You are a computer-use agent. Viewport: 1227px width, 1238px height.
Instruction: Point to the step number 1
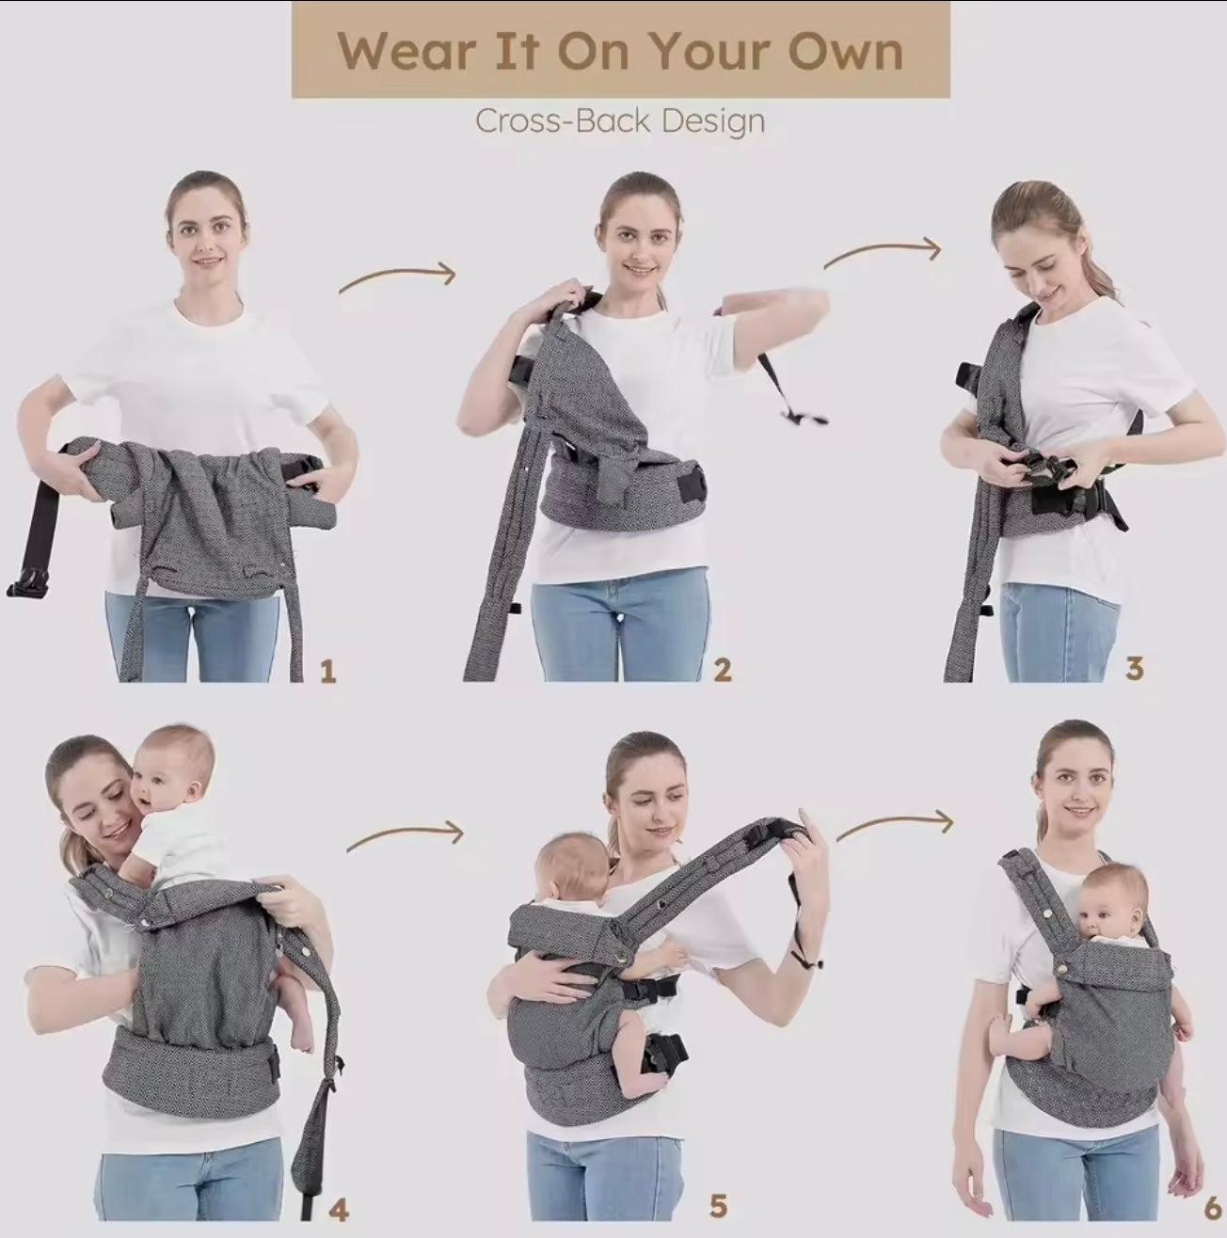pos(327,672)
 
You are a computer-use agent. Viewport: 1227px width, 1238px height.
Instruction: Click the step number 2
pos(722,670)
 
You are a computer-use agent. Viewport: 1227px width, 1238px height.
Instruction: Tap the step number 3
pos(1134,669)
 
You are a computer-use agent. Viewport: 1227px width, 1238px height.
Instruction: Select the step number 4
pos(338,1209)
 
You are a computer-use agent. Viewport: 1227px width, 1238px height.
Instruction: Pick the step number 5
pos(718,1206)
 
